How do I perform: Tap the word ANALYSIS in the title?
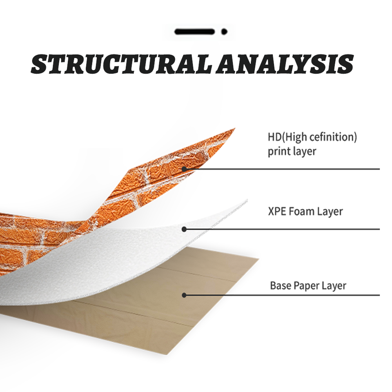[x=285, y=64]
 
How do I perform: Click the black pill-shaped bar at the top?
[x=194, y=32]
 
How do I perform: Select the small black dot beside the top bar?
[x=224, y=32]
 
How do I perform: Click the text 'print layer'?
[x=292, y=151]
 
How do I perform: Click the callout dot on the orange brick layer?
[x=184, y=169]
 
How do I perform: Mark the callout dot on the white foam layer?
[x=184, y=229]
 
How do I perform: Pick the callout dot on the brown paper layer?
[x=184, y=295]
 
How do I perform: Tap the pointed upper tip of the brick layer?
[x=235, y=129]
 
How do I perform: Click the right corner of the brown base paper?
[x=258, y=259]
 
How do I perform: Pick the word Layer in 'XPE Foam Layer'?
[x=330, y=212]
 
